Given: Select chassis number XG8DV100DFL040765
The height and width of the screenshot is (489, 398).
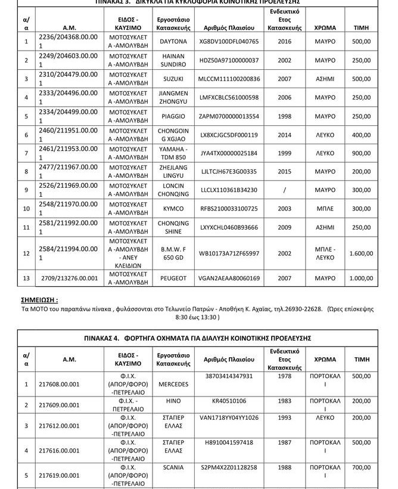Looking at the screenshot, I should tap(229, 42).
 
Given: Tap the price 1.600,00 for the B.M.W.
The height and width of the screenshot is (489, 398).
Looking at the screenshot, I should tap(360, 253).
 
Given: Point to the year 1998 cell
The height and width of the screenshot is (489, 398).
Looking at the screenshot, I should tap(284, 116).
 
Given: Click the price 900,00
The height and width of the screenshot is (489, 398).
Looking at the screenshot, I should tap(360, 153).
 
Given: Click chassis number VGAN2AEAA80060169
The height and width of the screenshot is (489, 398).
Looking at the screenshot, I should tap(229, 278).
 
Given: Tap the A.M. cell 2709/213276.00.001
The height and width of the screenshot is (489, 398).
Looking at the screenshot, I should tap(69, 278).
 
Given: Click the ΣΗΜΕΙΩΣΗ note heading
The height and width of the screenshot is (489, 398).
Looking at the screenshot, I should tap(41, 300).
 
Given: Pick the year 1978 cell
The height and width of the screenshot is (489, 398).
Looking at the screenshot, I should tap(284, 376).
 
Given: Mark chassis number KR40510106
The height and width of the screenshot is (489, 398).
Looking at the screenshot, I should tap(229, 401).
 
